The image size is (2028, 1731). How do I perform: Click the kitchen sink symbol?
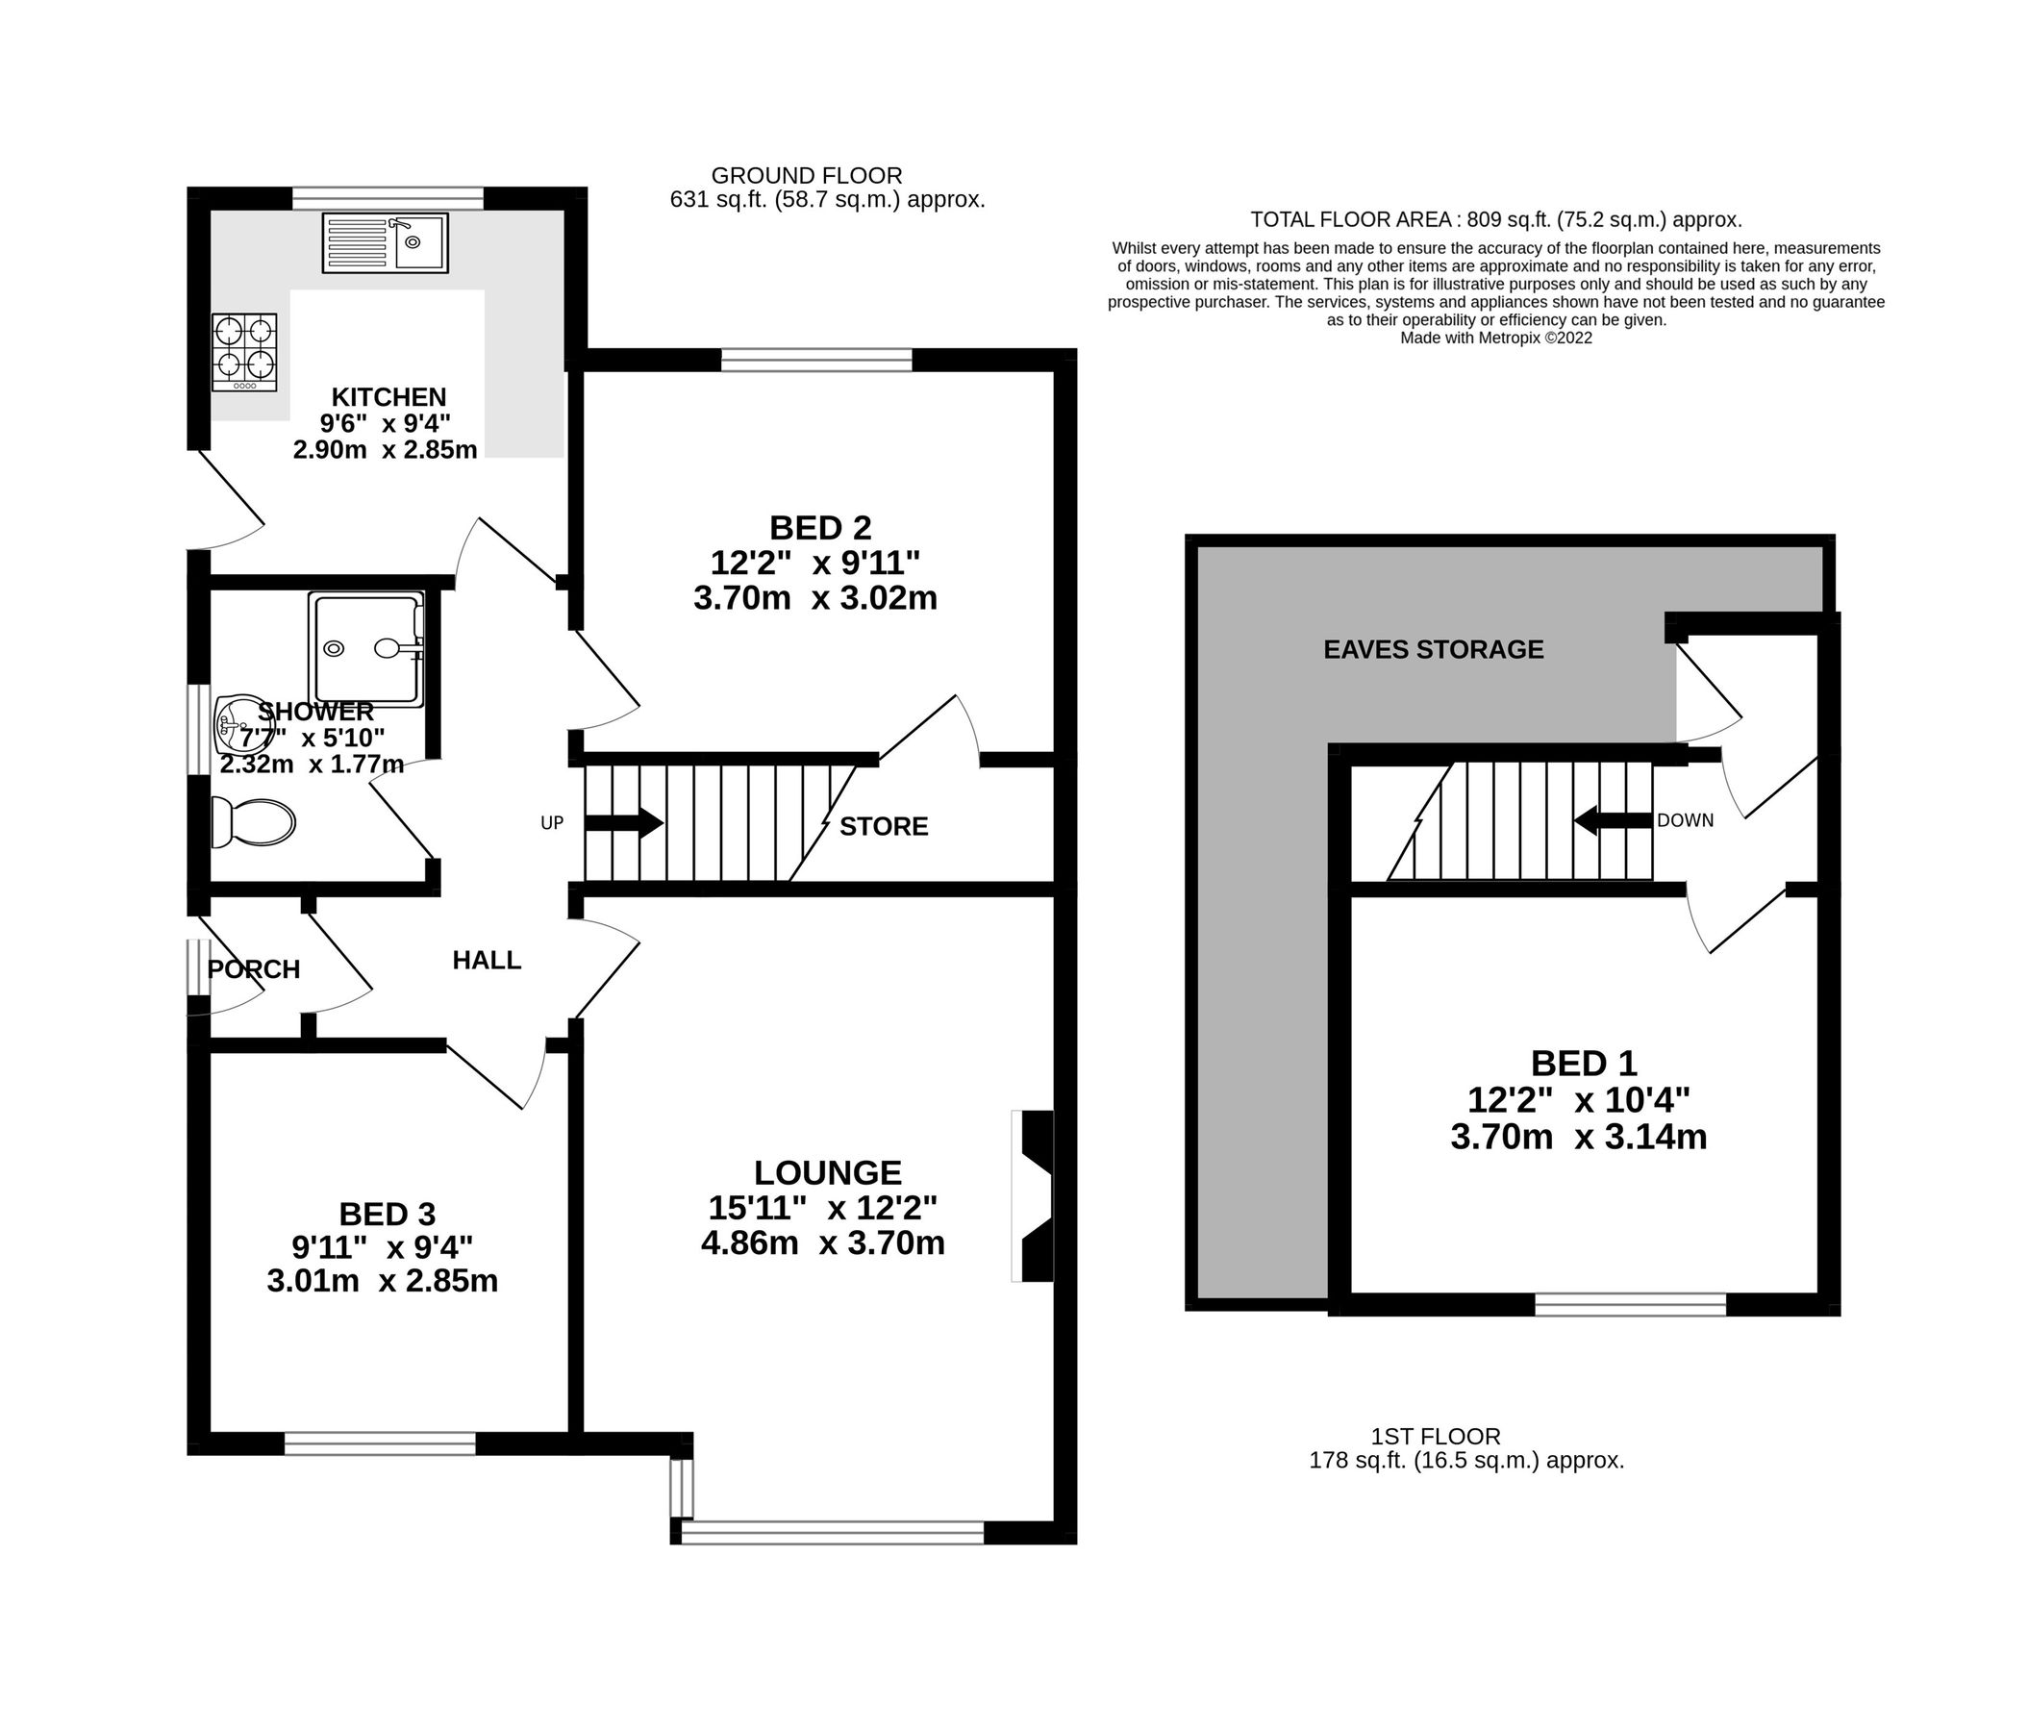(385, 241)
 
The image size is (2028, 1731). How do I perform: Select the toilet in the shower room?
(253, 822)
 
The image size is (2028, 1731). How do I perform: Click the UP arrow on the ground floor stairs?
(623, 822)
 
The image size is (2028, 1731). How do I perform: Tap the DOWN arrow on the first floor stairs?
(1613, 820)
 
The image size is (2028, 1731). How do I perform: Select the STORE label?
(884, 826)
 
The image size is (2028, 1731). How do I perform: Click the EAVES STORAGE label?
(1433, 649)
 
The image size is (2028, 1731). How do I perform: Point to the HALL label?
(487, 961)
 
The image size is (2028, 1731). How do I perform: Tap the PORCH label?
(254, 969)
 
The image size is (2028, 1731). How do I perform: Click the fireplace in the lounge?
(1034, 1195)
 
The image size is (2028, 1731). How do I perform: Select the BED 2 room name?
(820, 528)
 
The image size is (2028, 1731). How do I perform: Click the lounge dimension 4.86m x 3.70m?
(822, 1243)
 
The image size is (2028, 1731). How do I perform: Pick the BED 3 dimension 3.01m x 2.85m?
(382, 1281)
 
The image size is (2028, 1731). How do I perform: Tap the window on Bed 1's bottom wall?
(1630, 1304)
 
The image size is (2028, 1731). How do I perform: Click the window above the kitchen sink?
(388, 199)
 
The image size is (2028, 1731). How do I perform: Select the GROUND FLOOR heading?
(807, 175)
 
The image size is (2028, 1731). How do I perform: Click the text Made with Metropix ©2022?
(1495, 338)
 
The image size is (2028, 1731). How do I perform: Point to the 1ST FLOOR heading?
(1435, 1437)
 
